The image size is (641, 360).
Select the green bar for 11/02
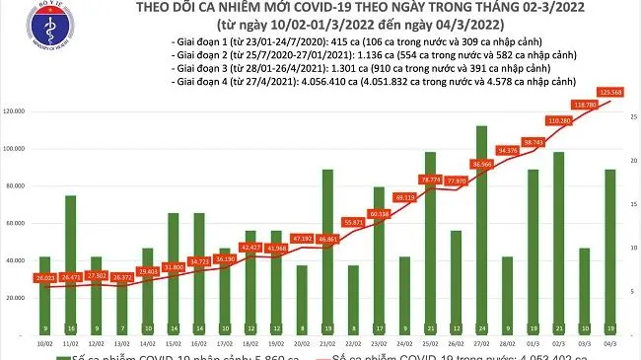[x=71, y=266]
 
